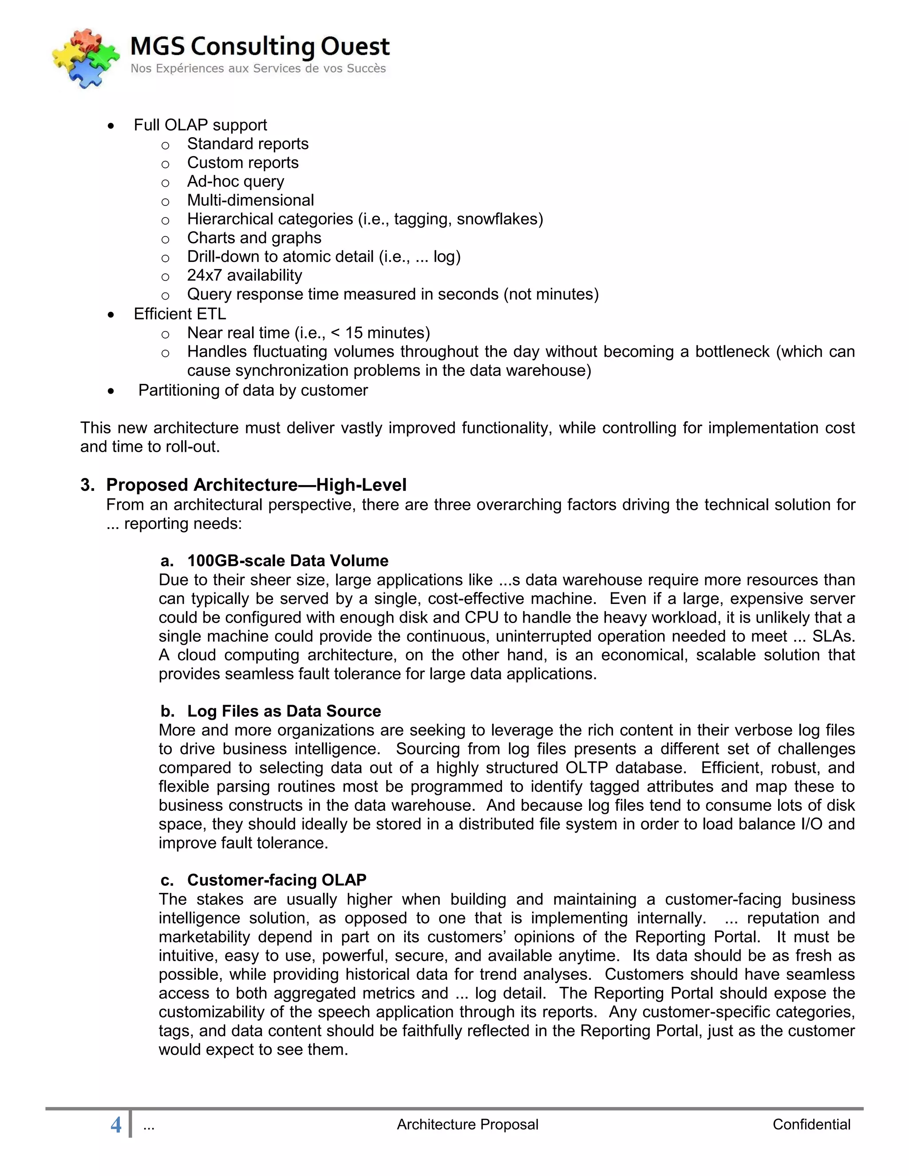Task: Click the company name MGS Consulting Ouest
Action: [x=260, y=46]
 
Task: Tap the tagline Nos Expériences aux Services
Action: [x=258, y=68]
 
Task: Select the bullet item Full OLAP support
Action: [x=200, y=125]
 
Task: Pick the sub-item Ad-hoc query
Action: [x=235, y=182]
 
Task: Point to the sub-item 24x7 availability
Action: [x=245, y=275]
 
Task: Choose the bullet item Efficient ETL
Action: [x=180, y=314]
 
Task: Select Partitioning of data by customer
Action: [x=253, y=391]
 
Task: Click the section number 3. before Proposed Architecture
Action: [x=87, y=485]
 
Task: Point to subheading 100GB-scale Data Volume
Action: [x=288, y=560]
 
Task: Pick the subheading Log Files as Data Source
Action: [x=284, y=711]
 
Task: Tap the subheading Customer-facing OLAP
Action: [x=276, y=880]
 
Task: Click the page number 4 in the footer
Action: [x=116, y=1125]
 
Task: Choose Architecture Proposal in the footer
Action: [x=467, y=1125]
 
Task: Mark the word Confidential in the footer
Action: [x=811, y=1125]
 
